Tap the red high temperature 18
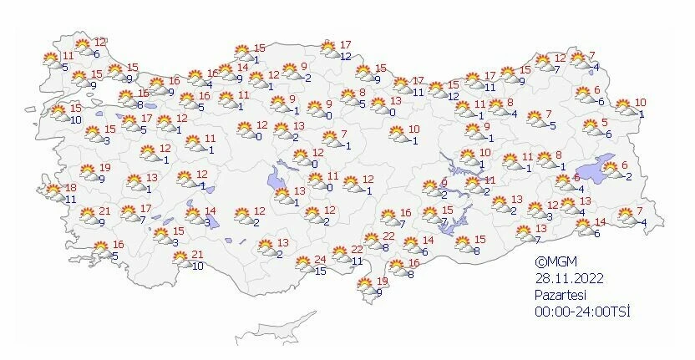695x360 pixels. pyautogui.click(x=71, y=188)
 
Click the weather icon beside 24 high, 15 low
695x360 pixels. pyautogui.click(x=304, y=264)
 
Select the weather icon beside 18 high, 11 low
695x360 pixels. pyautogui.click(x=54, y=193)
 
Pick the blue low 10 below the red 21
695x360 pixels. pyautogui.click(x=197, y=266)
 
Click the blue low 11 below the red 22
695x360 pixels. pyautogui.click(x=355, y=261)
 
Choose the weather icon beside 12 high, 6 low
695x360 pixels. pyautogui.click(x=84, y=48)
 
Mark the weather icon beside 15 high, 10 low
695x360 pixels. pyautogui.click(x=58, y=113)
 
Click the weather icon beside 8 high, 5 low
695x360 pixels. pyautogui.click(x=342, y=99)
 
